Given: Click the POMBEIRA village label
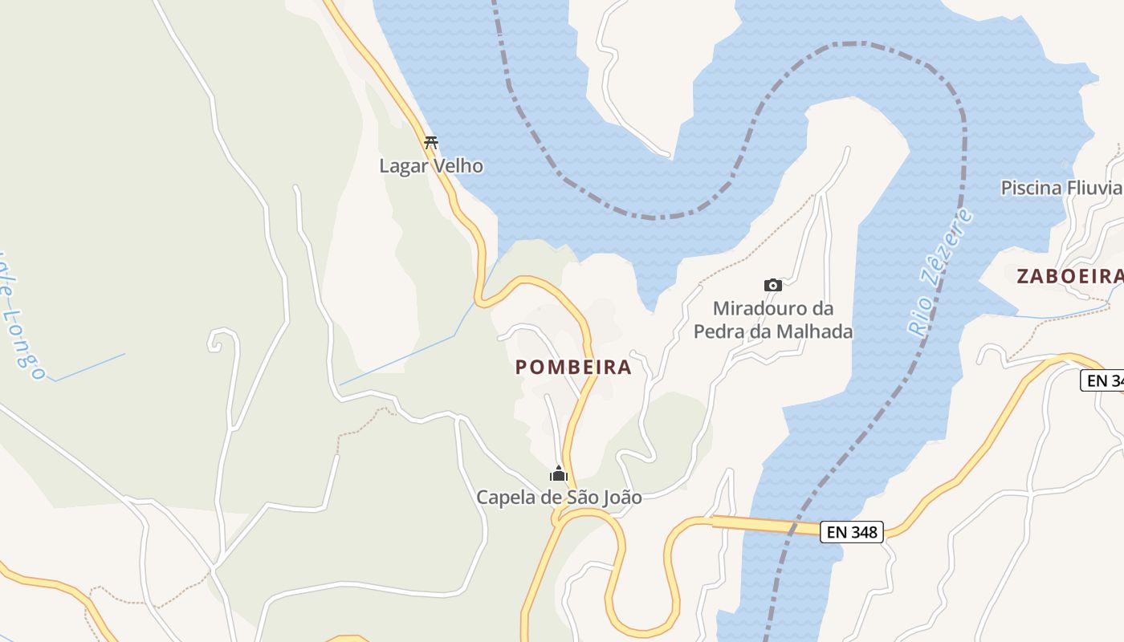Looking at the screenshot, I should click(573, 368).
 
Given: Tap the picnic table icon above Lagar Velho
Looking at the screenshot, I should click(431, 143).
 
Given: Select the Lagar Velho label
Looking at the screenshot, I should click(431, 166).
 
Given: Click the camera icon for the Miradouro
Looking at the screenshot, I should click(772, 285).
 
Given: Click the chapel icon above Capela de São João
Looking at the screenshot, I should click(559, 473).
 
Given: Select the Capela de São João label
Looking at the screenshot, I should click(559, 498).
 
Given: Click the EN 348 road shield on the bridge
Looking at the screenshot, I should click(851, 531).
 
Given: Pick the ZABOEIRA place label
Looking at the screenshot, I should click(1069, 276).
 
